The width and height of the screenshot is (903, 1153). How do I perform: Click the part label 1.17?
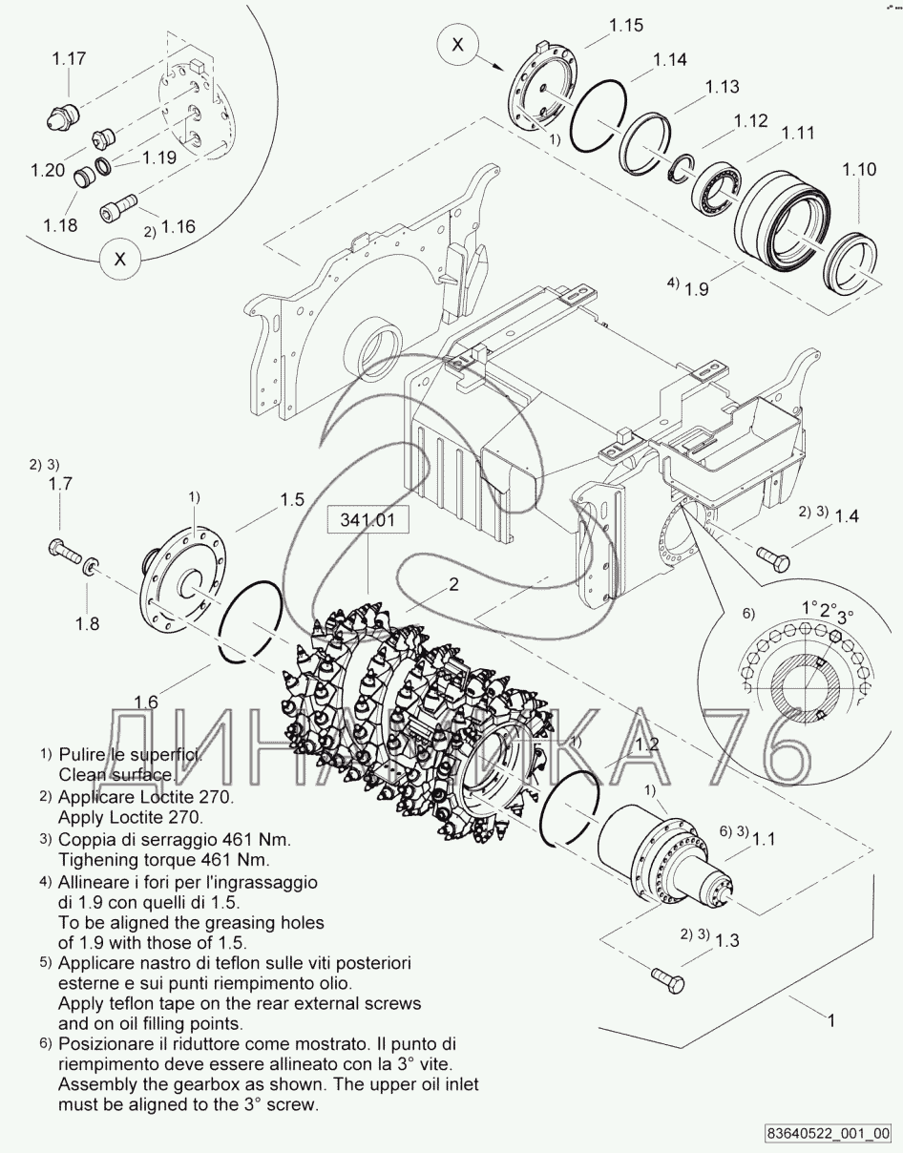[x=69, y=59]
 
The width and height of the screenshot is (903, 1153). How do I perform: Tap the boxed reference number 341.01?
[x=367, y=520]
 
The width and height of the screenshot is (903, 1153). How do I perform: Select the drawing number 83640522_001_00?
[x=829, y=1133]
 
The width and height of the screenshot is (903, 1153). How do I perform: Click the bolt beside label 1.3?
[x=668, y=980]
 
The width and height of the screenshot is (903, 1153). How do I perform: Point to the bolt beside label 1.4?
[x=773, y=558]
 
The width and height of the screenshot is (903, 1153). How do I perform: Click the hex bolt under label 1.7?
[x=65, y=550]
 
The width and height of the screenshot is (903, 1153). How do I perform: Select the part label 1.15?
[x=626, y=26]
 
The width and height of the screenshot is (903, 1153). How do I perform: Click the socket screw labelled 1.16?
[x=118, y=207]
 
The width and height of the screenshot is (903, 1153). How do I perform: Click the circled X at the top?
[x=457, y=45]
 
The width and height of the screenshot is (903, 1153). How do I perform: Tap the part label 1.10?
[x=859, y=170]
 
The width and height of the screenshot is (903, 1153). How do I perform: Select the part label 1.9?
[x=696, y=289]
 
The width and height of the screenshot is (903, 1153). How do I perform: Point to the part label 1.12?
[x=750, y=121]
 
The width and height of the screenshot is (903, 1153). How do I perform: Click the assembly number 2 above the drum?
[x=453, y=585]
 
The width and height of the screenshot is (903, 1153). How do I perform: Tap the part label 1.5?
[x=292, y=500]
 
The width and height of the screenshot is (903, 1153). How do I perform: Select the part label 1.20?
[x=48, y=170]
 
